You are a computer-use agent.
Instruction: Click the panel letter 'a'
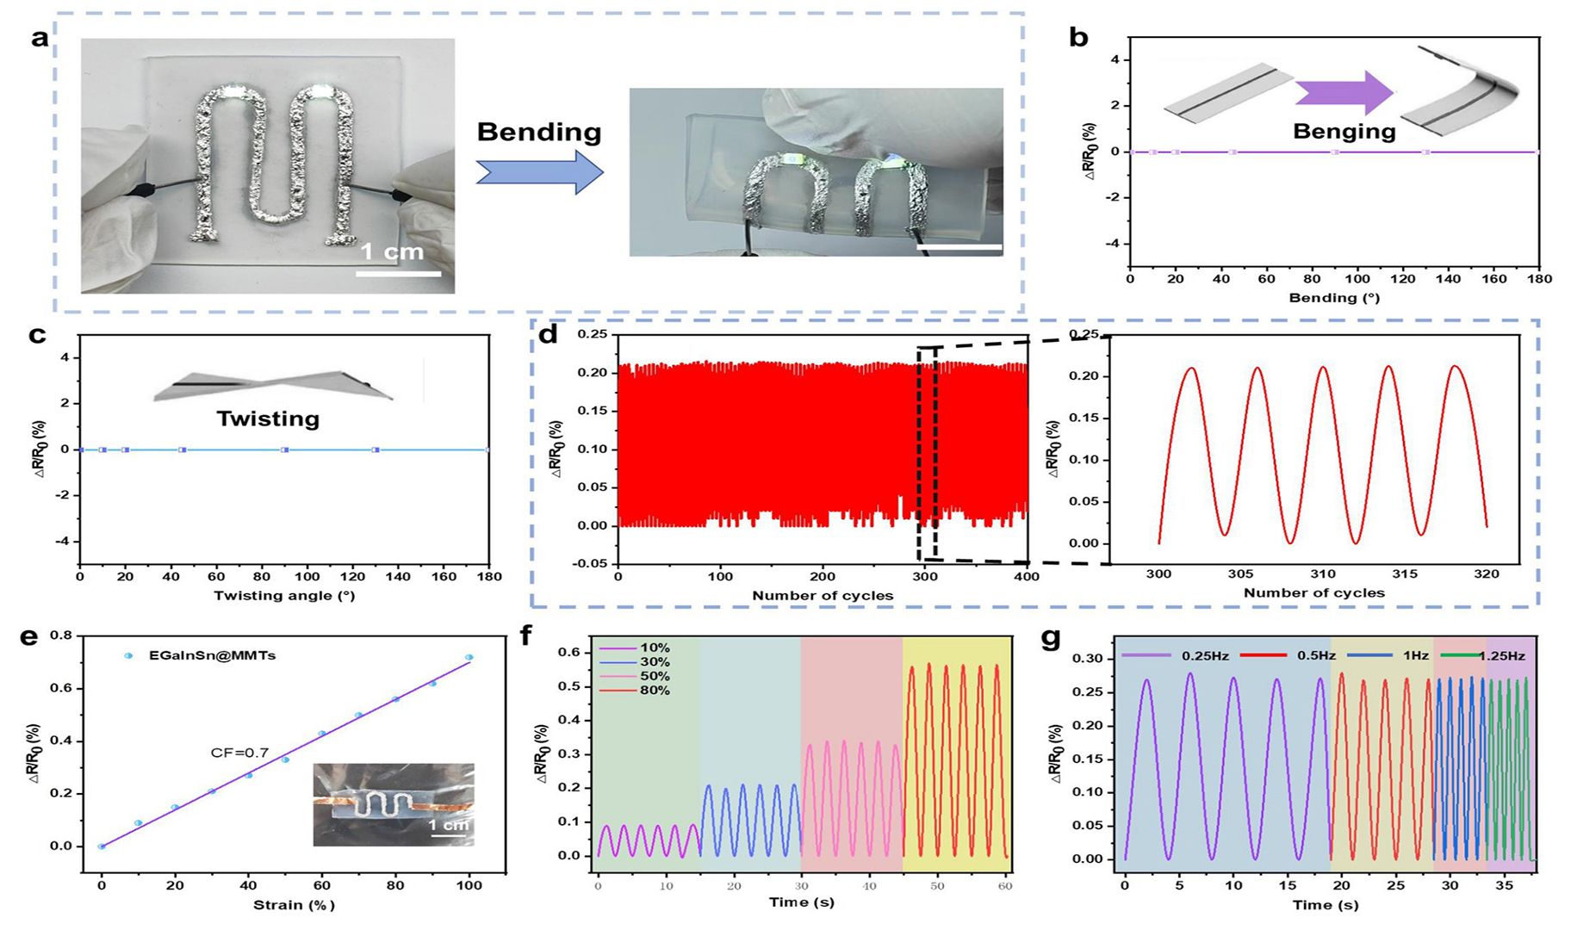39,38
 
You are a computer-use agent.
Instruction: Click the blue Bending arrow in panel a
540,171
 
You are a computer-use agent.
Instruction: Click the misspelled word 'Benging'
1344,132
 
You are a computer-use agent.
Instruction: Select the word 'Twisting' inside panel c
268,418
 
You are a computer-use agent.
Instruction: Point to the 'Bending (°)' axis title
1334,298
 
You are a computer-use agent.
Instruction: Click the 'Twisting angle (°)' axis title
284,596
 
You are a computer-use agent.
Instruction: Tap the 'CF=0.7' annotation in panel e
239,753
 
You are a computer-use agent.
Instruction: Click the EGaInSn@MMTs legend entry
201,655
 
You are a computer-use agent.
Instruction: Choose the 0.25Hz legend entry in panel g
1175,655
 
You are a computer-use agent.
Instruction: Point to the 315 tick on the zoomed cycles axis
1405,573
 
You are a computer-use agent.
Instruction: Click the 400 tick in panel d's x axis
1027,576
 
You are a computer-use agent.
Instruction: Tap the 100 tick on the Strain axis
469,884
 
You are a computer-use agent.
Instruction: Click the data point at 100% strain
469,657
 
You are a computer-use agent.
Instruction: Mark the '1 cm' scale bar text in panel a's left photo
392,251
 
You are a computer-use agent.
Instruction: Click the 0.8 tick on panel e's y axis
61,635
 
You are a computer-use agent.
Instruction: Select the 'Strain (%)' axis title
294,905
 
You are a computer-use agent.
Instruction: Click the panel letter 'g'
1051,638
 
